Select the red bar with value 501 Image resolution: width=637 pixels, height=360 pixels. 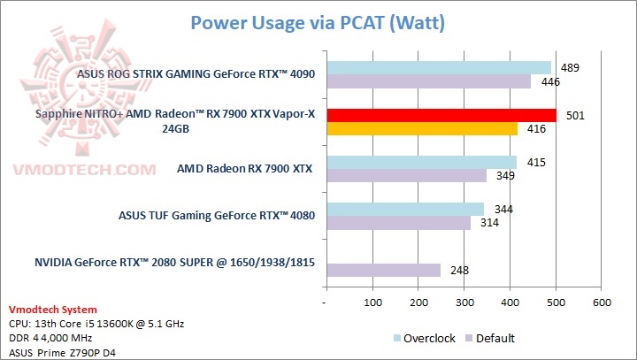tap(441, 115)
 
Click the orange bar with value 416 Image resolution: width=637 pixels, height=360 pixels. tap(422, 129)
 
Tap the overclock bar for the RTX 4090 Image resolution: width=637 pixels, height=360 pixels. tap(439, 67)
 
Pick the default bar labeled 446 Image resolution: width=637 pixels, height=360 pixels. tap(429, 81)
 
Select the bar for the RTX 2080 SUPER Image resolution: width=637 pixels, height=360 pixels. tap(383, 270)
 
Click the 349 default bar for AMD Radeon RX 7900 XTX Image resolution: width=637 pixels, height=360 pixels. tap(406, 176)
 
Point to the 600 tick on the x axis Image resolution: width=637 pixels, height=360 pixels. tap(602, 303)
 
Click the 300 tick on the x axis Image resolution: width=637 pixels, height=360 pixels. tap(464, 303)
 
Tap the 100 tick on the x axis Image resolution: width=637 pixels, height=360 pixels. tap(372, 303)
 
